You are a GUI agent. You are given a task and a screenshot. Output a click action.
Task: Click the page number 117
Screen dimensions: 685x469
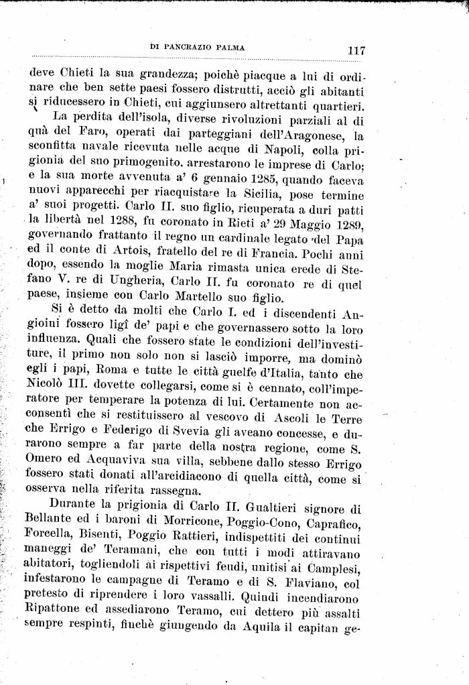(350, 51)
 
